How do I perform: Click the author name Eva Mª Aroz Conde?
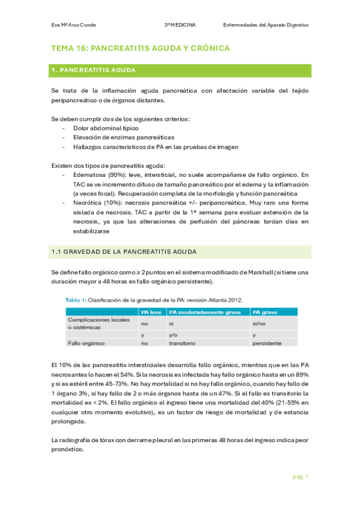(73, 25)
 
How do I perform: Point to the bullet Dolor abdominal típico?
(106, 128)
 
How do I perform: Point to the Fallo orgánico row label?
(88, 343)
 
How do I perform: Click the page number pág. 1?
(301, 476)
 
